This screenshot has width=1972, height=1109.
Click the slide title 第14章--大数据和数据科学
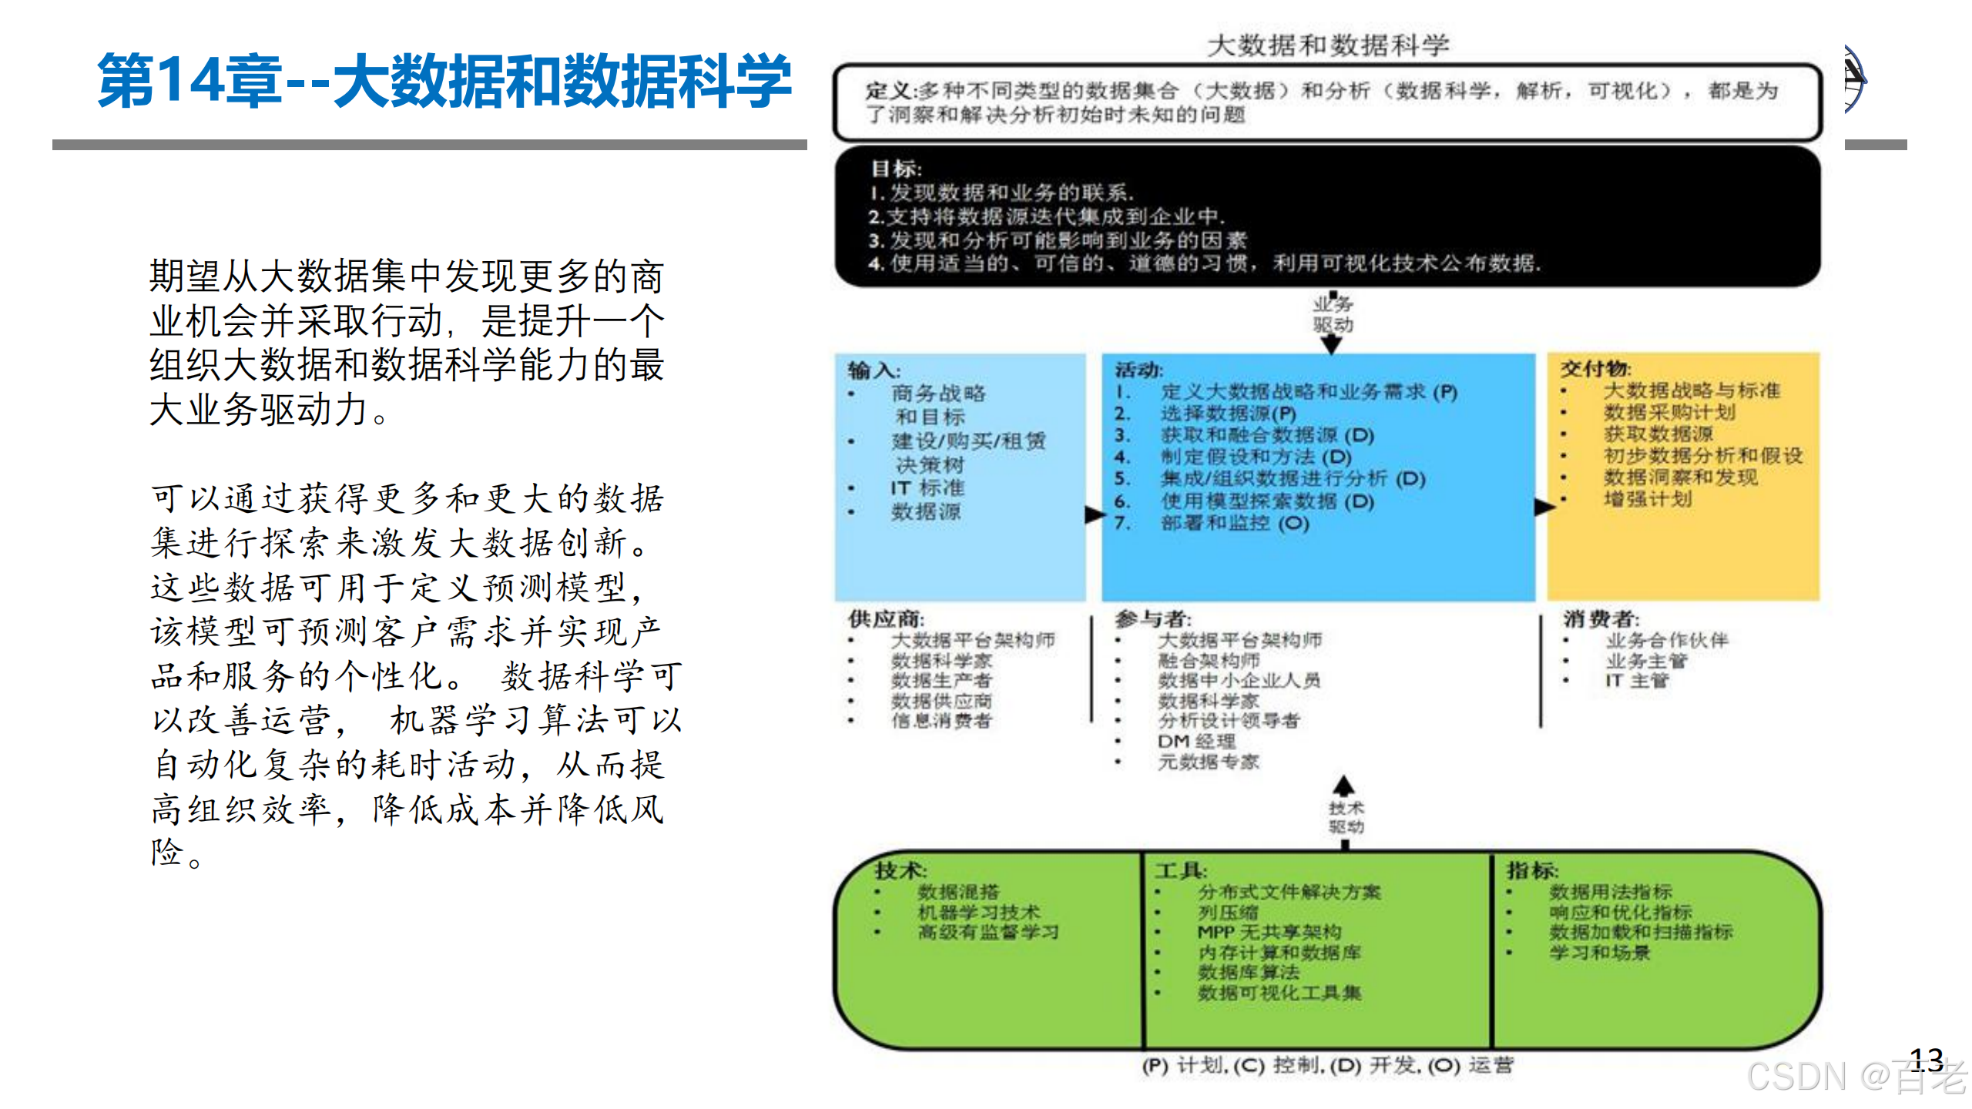point(444,81)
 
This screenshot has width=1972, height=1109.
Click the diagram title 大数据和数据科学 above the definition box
point(1327,45)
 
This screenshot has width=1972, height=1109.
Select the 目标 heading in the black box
point(895,168)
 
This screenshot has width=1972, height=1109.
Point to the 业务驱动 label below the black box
point(1333,314)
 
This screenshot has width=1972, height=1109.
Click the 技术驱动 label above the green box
point(1346,817)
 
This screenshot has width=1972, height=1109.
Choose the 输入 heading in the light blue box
point(874,370)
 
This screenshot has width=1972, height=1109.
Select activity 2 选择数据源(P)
point(1228,414)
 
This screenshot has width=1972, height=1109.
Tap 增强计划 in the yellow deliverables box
point(1648,499)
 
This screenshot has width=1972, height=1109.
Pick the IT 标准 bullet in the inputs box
point(927,487)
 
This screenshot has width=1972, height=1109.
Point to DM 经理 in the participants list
point(1196,741)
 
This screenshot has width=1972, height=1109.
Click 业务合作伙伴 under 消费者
point(1667,640)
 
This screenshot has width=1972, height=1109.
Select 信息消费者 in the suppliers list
point(941,721)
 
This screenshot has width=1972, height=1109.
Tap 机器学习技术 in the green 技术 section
point(978,912)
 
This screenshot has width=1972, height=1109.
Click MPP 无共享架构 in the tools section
point(1269,932)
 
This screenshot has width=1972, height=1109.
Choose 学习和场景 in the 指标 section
point(1599,953)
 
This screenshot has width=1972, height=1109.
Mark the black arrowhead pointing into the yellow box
point(1544,507)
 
